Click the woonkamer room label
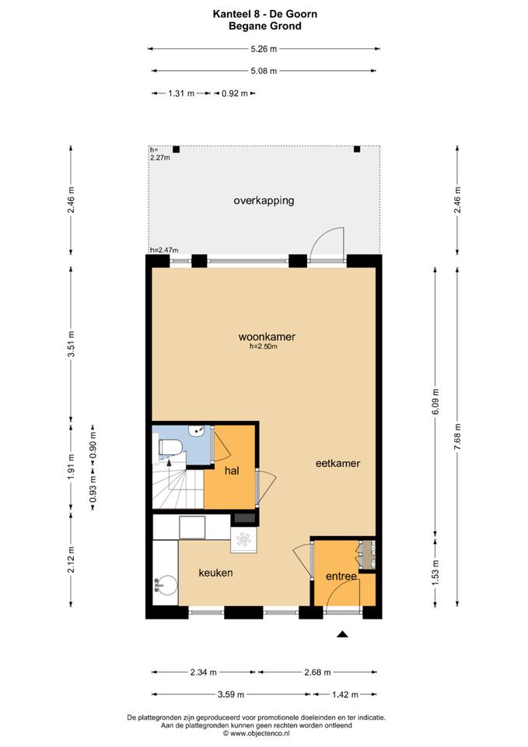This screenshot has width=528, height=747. point(267,337)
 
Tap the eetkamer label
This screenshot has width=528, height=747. point(337,463)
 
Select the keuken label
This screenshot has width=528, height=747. point(215,573)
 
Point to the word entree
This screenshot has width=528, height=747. point(341,577)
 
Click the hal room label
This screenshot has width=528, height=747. point(232,471)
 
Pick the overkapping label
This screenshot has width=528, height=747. point(264,201)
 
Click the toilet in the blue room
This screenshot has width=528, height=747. point(170,447)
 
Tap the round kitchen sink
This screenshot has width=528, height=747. point(167,584)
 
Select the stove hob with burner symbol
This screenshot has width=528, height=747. point(243,540)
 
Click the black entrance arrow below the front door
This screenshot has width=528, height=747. point(342,634)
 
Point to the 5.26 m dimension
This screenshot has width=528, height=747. point(264,48)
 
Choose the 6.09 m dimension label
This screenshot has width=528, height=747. point(435,402)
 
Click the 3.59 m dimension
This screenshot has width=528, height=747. point(231,695)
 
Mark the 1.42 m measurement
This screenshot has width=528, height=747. point(345,695)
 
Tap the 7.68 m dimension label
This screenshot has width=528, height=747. point(457,437)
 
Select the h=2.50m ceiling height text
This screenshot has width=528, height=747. point(264,347)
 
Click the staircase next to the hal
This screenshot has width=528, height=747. point(178,485)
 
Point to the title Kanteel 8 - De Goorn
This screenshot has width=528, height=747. point(265,14)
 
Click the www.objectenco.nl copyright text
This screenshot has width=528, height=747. point(256,734)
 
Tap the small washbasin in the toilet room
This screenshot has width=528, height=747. point(197,431)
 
